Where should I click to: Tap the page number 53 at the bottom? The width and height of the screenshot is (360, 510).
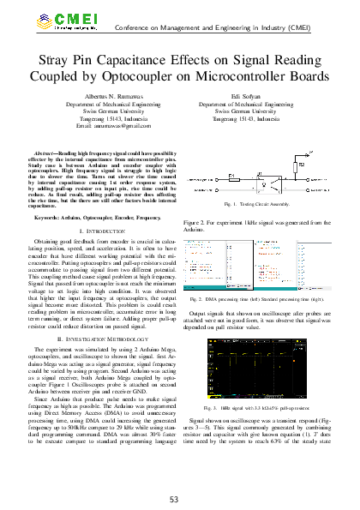pyautogui.click(x=179, y=499)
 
